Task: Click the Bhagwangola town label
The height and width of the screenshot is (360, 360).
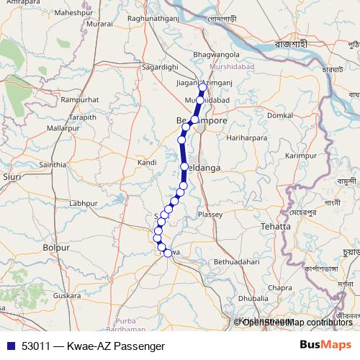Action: click(x=217, y=54)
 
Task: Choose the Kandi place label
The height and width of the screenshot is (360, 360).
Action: click(x=147, y=163)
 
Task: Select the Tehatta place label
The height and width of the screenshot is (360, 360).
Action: click(x=276, y=226)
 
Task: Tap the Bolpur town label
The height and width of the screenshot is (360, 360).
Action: click(x=56, y=247)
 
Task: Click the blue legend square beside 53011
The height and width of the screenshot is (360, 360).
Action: click(x=9, y=346)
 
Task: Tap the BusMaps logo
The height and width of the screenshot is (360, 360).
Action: click(x=325, y=346)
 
